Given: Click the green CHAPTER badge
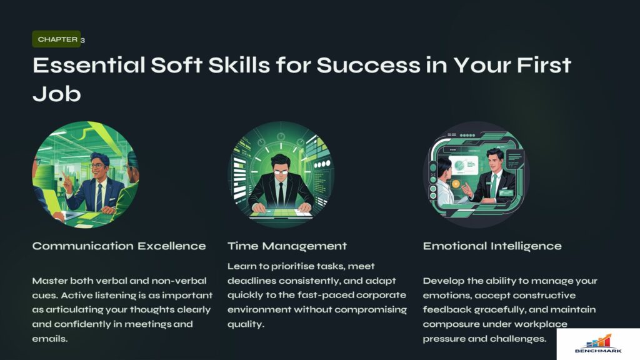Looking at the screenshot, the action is (56, 39).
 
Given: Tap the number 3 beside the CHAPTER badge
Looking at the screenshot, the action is (83, 40).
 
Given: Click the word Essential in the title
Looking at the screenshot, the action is (89, 65).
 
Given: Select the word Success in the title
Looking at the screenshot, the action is (368, 65).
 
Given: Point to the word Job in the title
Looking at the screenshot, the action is (57, 94).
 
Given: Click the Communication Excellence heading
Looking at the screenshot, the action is (119, 246).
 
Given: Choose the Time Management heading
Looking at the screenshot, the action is (287, 246).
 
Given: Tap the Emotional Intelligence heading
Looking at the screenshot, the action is (492, 246).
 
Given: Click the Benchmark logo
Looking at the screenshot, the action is (598, 344).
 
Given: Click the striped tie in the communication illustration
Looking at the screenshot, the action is (99, 196).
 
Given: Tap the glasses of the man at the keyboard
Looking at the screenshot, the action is (281, 172).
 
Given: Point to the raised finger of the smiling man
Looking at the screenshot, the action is (63, 176).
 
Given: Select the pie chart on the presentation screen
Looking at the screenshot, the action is (459, 165).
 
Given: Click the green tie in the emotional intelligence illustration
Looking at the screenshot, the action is (494, 186).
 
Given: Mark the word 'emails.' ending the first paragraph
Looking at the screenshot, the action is (50, 339).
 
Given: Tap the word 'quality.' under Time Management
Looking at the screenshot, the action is (246, 324).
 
